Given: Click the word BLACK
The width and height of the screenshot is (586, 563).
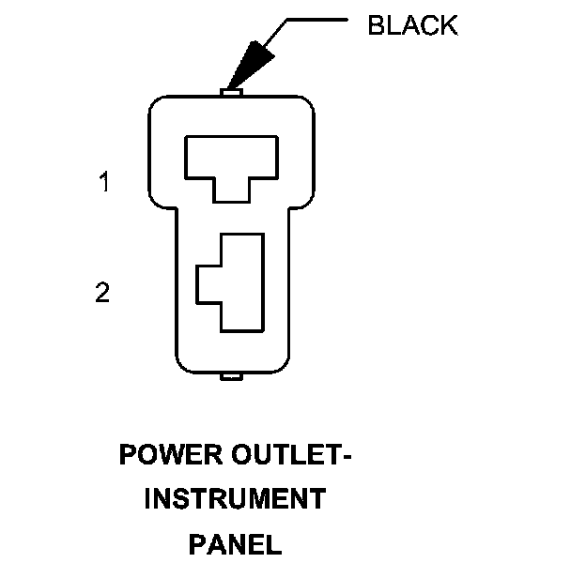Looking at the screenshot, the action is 412,25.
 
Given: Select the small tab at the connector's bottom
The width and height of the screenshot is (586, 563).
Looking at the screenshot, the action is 232,377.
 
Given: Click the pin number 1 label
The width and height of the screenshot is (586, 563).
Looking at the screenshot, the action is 105,182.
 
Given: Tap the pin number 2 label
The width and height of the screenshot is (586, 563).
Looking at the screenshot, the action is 103,293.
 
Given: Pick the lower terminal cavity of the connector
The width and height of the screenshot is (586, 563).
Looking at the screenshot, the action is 235,281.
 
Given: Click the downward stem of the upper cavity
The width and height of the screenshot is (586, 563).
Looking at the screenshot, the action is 232,190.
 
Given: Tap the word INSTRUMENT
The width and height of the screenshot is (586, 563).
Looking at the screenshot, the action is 235,499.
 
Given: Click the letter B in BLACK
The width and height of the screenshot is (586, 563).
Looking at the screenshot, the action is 376,25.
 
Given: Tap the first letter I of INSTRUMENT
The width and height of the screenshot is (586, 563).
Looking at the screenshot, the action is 147,499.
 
